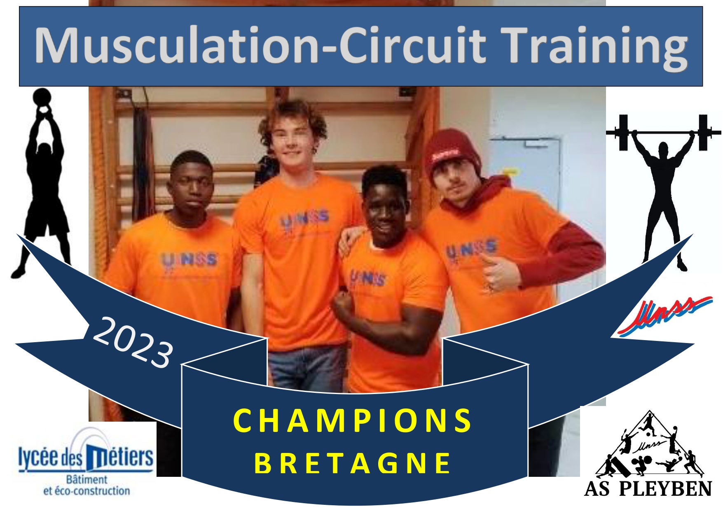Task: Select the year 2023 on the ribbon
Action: [x=133, y=342]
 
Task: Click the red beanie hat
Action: [x=450, y=154]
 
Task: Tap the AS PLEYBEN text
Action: [x=648, y=489]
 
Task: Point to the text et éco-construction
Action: [x=87, y=491]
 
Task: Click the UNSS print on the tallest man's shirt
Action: [x=305, y=221]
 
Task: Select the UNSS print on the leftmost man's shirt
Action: [x=189, y=260]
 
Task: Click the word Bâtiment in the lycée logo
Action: [x=87, y=479]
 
